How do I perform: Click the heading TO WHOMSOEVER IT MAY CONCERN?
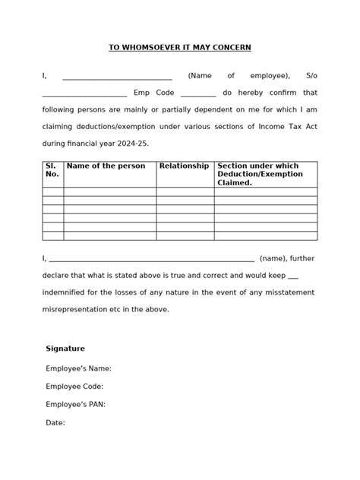pos(179,47)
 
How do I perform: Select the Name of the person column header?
pos(106,166)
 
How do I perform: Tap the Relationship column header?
pos(184,166)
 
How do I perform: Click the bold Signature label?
pos(65,349)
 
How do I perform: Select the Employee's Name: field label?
pos(78,368)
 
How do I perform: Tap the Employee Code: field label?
pos(74,387)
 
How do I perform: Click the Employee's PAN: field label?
pos(75,405)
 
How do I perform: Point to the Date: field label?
pos(55,423)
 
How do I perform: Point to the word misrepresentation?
pos(77,309)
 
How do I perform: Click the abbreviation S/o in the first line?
pos(311,76)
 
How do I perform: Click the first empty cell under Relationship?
pos(185,192)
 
